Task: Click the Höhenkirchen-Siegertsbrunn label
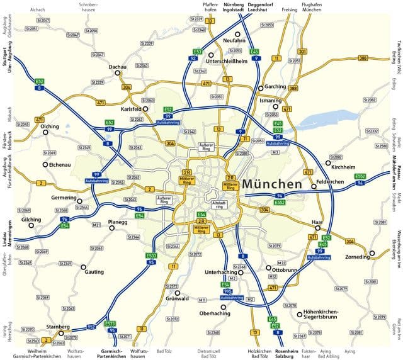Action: click(321, 314)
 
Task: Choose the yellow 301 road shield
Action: click(303, 51)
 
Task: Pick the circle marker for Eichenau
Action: click(45, 165)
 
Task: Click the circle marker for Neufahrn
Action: click(237, 34)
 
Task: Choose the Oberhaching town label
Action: click(215, 313)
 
